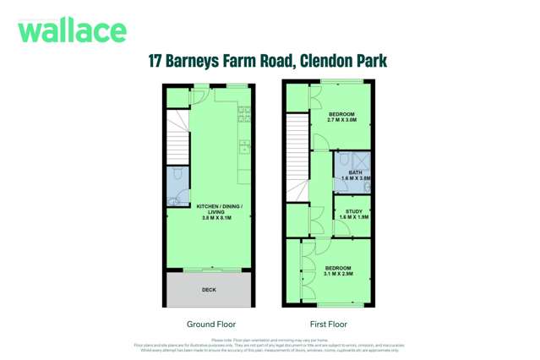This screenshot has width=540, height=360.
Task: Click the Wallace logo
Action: click(72, 30)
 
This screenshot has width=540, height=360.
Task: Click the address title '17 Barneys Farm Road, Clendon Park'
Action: click(267, 62)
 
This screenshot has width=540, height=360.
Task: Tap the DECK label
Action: click(209, 290)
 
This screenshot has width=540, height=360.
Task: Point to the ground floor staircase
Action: click(177, 135)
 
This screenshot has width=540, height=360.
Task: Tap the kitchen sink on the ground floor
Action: click(245, 146)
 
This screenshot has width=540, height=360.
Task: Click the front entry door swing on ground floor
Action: click(201, 95)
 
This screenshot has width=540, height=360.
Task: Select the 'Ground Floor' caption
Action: click(210, 324)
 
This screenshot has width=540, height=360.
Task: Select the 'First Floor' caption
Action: click(328, 324)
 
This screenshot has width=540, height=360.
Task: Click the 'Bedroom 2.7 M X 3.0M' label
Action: click(341, 117)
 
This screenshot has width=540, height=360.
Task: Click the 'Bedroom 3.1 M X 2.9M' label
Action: click(337, 270)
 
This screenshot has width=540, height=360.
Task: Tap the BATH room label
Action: click(355, 176)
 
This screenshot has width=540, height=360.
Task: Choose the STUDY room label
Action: click(354, 215)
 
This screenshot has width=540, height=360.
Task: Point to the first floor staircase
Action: click(297, 156)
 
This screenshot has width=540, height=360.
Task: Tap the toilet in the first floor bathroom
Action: click(345, 159)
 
